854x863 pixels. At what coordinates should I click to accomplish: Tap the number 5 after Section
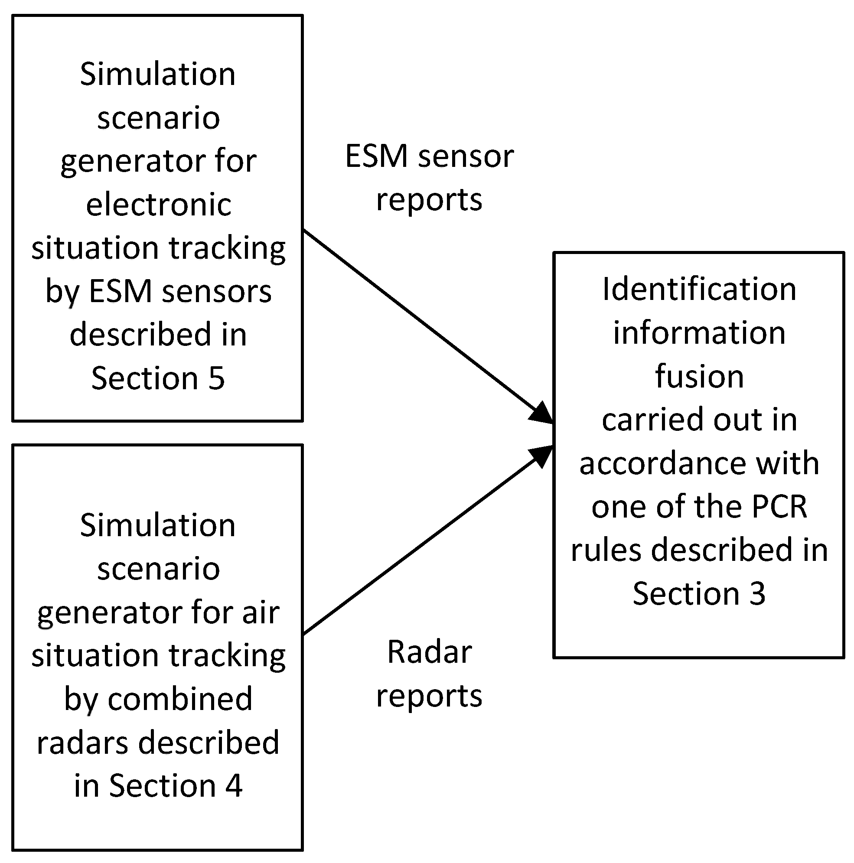point(216,378)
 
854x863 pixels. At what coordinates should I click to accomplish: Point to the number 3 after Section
point(757,594)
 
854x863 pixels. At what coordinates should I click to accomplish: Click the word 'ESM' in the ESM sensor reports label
point(377,156)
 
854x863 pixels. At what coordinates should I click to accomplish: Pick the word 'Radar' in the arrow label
point(429,652)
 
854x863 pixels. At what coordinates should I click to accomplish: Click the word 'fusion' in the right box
point(699,376)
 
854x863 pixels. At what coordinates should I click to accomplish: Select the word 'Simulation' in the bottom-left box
point(158,525)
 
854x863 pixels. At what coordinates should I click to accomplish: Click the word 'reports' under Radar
point(429,696)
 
